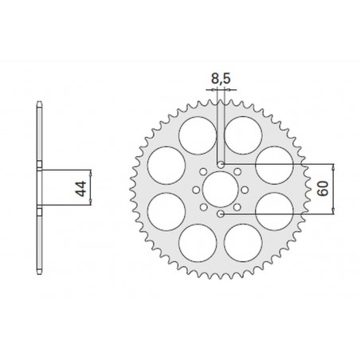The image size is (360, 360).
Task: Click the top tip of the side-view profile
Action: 40,104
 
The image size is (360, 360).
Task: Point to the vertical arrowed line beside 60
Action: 334,189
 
